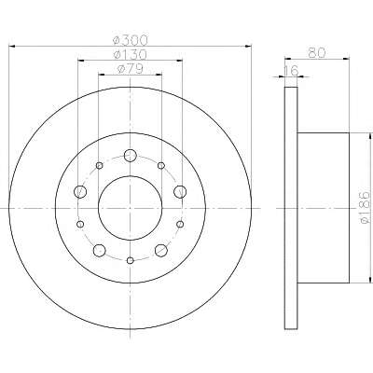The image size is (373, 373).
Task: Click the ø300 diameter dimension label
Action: (130, 40)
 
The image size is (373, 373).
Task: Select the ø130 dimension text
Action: (130, 55)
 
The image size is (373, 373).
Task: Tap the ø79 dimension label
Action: (130, 69)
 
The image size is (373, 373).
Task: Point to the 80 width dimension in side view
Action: (317, 52)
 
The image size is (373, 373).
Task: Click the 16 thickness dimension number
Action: (291, 70)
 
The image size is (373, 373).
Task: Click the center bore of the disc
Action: (131, 208)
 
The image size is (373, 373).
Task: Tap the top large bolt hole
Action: (131, 155)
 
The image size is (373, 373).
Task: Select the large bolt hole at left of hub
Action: (80, 191)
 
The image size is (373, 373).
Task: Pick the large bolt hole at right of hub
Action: (180, 191)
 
